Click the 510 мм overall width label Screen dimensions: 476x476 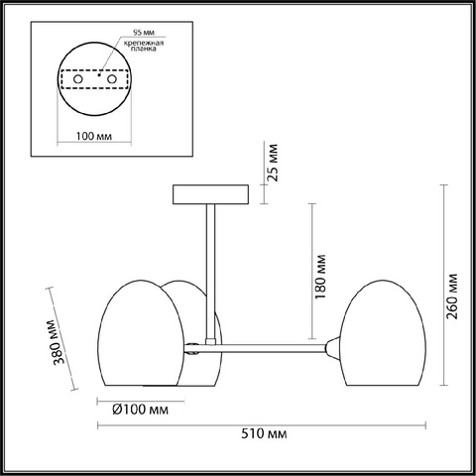point(264,433)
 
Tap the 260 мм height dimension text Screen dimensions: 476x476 point(452,297)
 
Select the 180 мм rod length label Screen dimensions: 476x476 point(320,277)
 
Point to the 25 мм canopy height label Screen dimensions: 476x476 point(273,163)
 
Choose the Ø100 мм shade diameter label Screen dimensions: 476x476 point(140,410)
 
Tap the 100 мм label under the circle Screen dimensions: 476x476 point(94,136)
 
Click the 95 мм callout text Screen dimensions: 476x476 point(144,33)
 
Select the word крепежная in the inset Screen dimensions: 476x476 point(144,43)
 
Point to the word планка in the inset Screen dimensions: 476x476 point(144,49)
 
